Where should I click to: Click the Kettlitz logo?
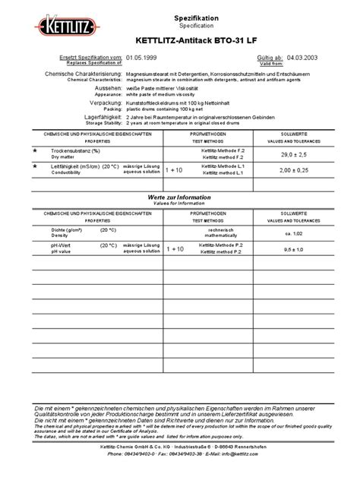[65, 28]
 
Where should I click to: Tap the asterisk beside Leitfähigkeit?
[34, 166]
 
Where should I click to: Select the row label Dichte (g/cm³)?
[68, 230]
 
